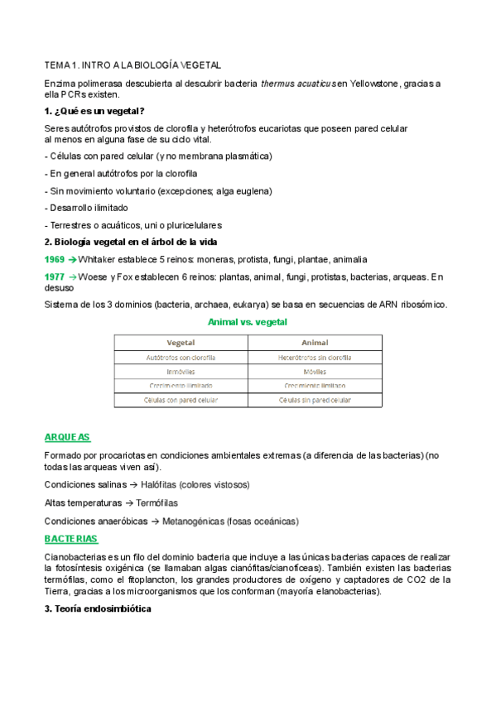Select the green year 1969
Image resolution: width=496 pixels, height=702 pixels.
click(x=54, y=259)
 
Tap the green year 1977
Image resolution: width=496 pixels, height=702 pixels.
click(x=54, y=276)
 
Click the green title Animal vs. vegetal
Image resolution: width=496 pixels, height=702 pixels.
click(x=248, y=321)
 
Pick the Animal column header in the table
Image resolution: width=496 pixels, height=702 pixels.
click(x=315, y=343)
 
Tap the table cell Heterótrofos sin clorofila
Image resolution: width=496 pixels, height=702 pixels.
click(x=315, y=358)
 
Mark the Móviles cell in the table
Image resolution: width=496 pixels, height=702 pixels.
click(x=315, y=372)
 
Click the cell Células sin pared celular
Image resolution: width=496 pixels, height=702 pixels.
click(x=315, y=400)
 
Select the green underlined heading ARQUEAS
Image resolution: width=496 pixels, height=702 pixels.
click(x=67, y=437)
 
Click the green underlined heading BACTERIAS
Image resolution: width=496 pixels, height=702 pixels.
click(x=70, y=539)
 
